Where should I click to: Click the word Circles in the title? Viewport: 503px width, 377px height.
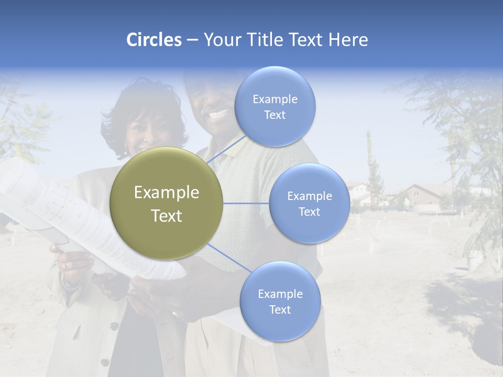(154, 40)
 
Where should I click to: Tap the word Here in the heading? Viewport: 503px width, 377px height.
(348, 40)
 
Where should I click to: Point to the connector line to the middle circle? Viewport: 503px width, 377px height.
(246, 203)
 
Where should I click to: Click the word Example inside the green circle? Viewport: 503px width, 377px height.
(167, 193)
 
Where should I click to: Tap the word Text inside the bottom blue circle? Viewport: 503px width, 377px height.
(280, 310)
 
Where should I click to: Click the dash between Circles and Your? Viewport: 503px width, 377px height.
(192, 40)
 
